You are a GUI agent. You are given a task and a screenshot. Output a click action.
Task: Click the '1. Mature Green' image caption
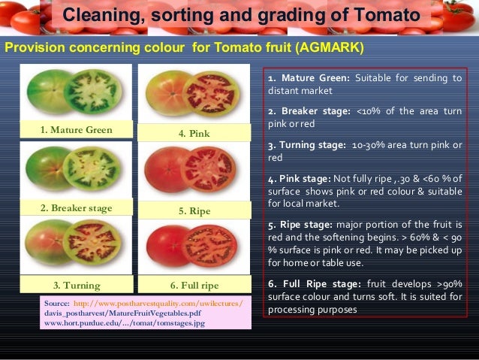click(76, 130)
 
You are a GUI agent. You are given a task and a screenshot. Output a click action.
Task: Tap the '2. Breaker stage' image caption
click(76, 207)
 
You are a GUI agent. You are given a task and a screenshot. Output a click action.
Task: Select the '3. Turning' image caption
click(76, 286)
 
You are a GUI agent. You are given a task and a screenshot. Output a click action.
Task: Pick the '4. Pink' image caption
click(194, 134)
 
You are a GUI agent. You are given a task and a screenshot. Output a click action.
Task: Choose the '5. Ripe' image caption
click(194, 211)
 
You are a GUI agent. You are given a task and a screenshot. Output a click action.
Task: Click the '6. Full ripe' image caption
click(194, 286)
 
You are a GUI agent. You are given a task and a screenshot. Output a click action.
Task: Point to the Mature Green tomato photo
click(75, 92)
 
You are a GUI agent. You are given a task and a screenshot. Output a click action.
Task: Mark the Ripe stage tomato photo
click(194, 174)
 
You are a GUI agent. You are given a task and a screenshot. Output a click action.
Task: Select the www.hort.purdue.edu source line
click(124, 322)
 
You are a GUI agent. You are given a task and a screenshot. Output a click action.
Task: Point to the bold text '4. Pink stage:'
click(299, 178)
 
